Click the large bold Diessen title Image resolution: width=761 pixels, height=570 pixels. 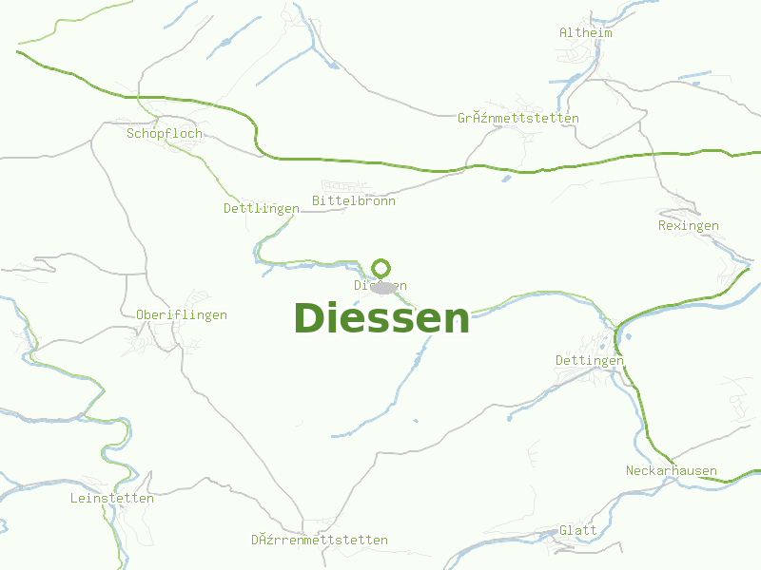[381, 318]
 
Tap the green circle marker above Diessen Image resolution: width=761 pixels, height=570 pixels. [381, 268]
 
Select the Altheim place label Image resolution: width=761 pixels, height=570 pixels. [586, 32]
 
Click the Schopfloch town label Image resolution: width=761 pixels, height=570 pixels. [165, 134]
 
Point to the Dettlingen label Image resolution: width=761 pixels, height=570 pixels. [255, 208]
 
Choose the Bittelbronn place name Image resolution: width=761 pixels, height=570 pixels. [354, 200]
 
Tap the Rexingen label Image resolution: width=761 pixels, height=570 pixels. [689, 225]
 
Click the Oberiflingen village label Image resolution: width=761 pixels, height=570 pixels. [182, 314]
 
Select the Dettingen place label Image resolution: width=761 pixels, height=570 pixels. [590, 360]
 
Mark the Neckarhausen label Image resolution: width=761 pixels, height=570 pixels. [672, 471]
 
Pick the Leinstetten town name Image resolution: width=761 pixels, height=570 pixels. [112, 498]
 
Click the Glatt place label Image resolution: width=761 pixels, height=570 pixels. [578, 530]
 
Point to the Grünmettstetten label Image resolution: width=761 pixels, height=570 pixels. [518, 118]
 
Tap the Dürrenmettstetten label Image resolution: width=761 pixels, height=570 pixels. [320, 540]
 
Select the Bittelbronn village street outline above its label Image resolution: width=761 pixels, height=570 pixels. [341, 185]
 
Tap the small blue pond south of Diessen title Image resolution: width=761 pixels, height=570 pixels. [415, 421]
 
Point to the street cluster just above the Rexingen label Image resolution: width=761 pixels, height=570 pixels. [677, 213]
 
